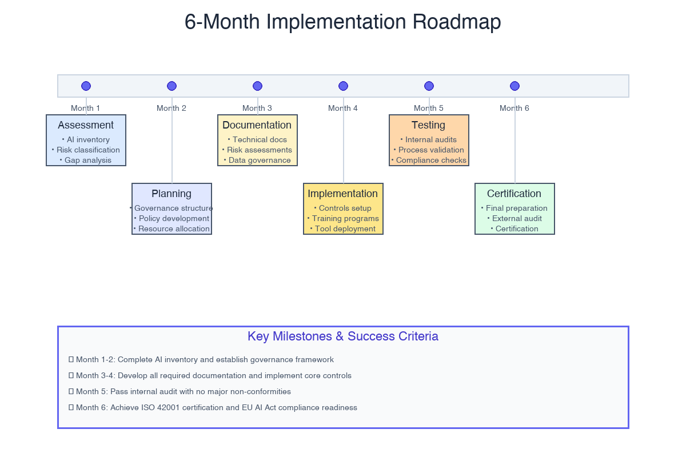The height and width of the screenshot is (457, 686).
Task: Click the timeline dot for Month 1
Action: pyautogui.click(x=86, y=86)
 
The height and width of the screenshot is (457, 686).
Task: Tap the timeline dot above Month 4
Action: pyautogui.click(x=343, y=86)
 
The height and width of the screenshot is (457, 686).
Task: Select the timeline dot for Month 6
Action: pyautogui.click(x=514, y=86)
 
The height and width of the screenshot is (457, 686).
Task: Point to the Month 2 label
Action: pyautogui.click(x=171, y=108)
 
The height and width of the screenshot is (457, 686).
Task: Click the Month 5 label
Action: pyautogui.click(x=429, y=108)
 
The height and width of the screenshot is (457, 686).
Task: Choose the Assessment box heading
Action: pyautogui.click(x=86, y=125)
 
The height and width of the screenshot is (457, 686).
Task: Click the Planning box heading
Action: pyautogui.click(x=171, y=194)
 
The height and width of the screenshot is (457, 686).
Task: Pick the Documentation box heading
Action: pyautogui.click(x=257, y=125)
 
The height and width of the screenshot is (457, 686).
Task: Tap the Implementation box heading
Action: pyautogui.click(x=343, y=194)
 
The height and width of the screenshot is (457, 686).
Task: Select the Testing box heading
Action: pyautogui.click(x=429, y=125)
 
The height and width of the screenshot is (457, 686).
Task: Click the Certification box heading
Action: pyautogui.click(x=514, y=194)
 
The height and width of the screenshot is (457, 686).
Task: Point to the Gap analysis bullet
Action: pyautogui.click(x=87, y=161)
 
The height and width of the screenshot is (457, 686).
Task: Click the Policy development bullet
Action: pyautogui.click(x=174, y=219)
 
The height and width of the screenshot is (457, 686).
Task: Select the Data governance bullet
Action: pyautogui.click(x=260, y=161)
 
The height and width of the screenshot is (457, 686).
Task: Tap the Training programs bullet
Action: pyautogui.click(x=345, y=219)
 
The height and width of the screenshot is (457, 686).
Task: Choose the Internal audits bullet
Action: pyautogui.click(x=431, y=140)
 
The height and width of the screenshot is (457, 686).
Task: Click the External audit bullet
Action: pyautogui.click(x=517, y=219)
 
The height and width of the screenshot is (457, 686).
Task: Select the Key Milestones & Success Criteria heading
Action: pyautogui.click(x=343, y=336)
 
